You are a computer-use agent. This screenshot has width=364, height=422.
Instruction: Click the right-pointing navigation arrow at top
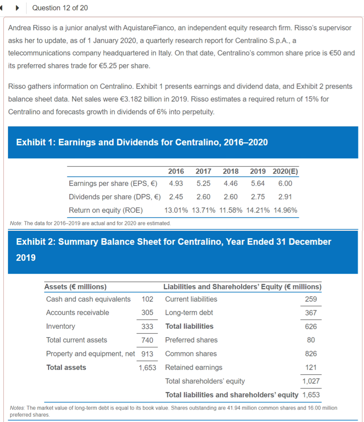[x=18, y=8]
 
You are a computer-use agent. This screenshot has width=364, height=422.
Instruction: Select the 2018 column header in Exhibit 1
[x=230, y=171]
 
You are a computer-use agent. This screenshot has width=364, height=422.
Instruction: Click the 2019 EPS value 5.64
[x=257, y=183]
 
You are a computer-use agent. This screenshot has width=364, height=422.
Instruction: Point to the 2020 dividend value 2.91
[x=285, y=197]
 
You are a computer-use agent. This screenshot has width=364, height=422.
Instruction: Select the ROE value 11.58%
[x=230, y=210]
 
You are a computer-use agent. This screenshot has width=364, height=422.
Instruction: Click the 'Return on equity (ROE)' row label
[x=106, y=210]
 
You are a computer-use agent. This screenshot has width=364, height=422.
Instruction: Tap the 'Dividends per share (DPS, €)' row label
[x=114, y=197]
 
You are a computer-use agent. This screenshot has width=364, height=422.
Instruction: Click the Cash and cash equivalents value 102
[x=147, y=299]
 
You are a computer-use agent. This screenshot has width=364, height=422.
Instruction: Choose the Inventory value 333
[x=147, y=326]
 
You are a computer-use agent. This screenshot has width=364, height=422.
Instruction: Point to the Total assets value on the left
[x=147, y=367]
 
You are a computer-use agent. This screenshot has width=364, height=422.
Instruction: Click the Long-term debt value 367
[x=311, y=313]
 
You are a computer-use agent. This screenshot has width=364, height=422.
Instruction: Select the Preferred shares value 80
[x=311, y=340]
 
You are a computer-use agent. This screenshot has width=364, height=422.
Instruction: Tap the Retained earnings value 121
[x=311, y=367]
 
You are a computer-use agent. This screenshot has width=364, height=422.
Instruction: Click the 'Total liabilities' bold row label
[x=189, y=326]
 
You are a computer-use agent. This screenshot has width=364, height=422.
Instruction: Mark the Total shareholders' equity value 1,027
[x=311, y=381]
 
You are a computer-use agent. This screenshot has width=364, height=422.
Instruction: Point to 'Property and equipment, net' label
[x=90, y=354]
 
